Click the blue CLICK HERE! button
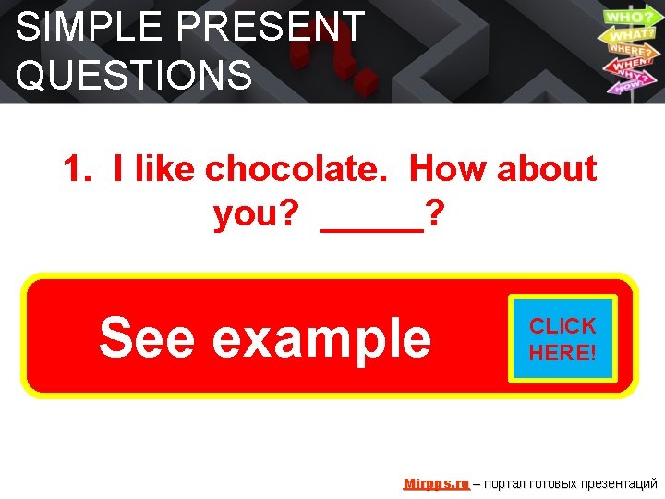point(562,339)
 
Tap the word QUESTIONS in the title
point(134,75)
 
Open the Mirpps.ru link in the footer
point(436,483)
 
